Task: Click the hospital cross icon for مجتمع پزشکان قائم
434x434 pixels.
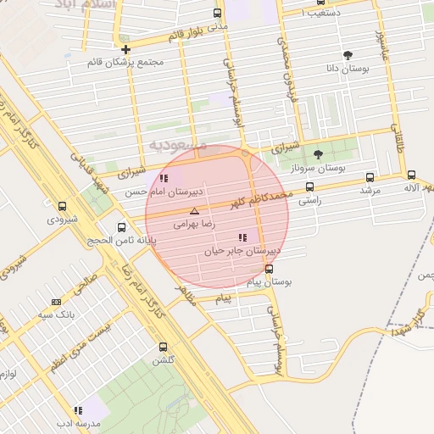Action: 125,49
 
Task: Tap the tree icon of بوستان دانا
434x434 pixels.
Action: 348,55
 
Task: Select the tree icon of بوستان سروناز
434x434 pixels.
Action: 318,154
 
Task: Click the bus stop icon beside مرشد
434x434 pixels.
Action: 370,177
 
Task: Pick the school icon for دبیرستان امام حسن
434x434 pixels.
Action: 164,178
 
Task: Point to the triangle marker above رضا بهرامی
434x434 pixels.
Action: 194,210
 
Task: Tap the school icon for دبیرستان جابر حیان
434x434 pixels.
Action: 242,238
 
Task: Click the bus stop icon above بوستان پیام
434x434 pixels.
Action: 270,269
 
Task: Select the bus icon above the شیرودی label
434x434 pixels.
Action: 62,205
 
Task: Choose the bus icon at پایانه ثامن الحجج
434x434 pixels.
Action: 122,226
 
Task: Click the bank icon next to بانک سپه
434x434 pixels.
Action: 56,302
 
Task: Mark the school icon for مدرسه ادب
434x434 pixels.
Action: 78,410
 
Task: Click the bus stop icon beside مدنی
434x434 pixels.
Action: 217,13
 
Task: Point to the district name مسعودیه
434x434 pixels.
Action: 178,145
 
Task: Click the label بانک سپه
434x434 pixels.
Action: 52,315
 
